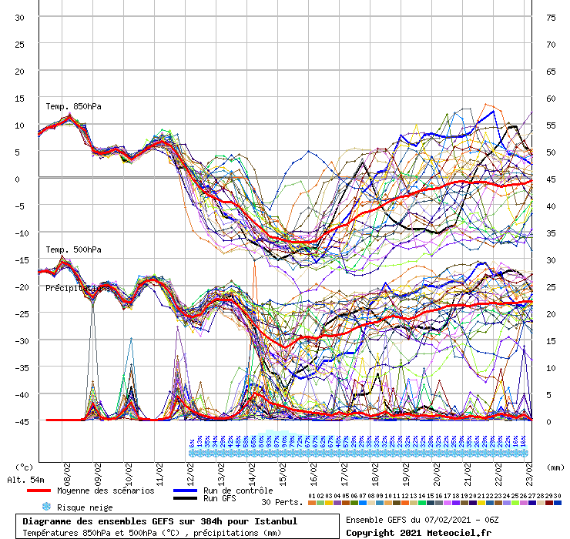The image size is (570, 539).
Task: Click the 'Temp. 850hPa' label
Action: click(73, 106)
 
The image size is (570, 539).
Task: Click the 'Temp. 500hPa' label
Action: click(73, 249)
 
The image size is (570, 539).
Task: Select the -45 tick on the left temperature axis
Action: click(18, 421)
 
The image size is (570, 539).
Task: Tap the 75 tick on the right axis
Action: click(551, 17)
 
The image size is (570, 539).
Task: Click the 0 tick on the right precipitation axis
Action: click(548, 421)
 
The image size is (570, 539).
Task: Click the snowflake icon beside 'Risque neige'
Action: click(46, 507)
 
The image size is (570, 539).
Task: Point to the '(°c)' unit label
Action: click(25, 467)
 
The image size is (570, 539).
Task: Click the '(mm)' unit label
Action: click(554, 467)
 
